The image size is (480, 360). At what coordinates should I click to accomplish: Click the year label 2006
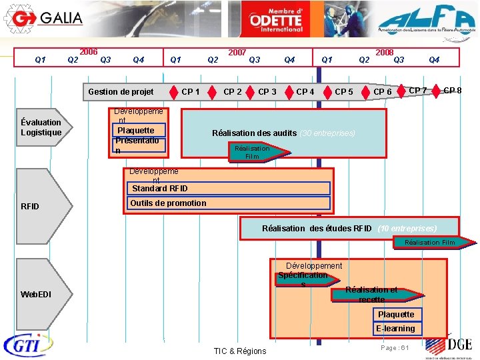click(89, 52)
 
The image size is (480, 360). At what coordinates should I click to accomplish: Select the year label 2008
click(385, 52)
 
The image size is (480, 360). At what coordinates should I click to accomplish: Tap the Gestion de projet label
click(121, 92)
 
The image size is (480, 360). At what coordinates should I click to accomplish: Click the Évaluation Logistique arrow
click(41, 127)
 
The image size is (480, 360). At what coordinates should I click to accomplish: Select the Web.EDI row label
click(36, 295)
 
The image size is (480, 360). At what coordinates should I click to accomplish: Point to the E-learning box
click(396, 329)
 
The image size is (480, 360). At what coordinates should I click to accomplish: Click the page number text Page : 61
click(394, 348)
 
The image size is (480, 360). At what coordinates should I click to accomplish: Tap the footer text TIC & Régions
click(239, 351)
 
